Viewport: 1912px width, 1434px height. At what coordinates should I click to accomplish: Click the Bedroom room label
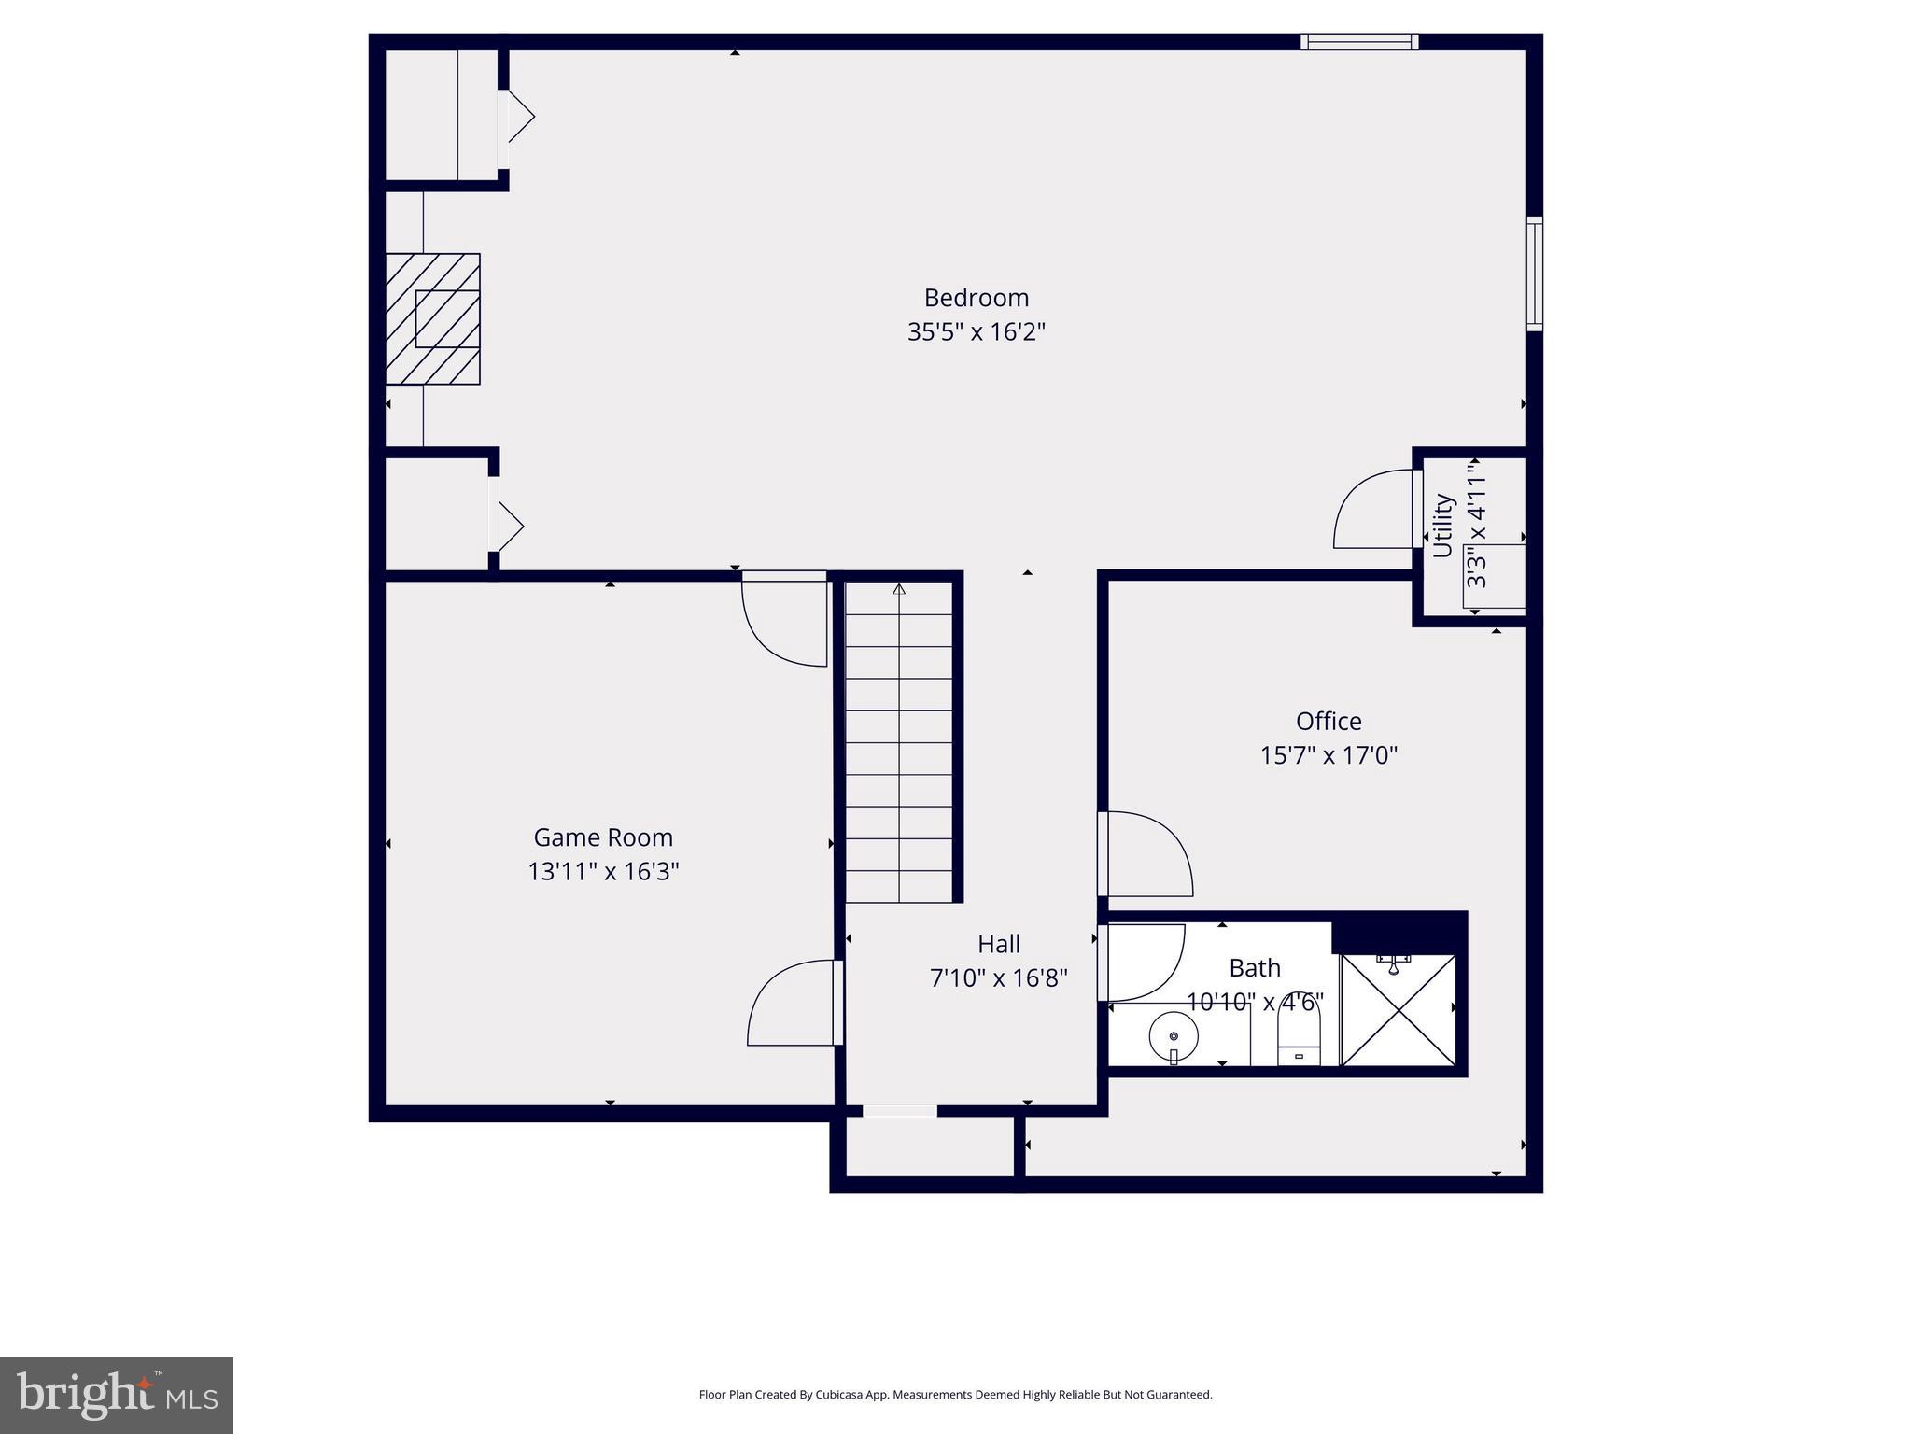click(x=976, y=298)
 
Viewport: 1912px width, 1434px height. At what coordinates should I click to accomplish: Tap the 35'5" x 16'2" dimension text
click(x=976, y=332)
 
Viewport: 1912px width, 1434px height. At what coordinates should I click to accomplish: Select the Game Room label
click(x=603, y=837)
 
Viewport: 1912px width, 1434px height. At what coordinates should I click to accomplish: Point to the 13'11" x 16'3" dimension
click(x=603, y=872)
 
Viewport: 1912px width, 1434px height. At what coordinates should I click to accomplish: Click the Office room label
click(x=1328, y=721)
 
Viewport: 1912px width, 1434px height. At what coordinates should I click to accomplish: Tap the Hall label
click(x=998, y=944)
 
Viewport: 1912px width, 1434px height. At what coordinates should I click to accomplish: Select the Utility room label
click(x=1443, y=526)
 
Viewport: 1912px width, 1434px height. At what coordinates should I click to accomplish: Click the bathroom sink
click(x=1174, y=1037)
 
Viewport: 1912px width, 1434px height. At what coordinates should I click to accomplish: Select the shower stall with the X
click(x=1398, y=1010)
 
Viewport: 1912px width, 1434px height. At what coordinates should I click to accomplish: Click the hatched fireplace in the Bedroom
click(x=433, y=318)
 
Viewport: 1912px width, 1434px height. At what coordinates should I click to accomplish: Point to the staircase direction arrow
click(x=899, y=590)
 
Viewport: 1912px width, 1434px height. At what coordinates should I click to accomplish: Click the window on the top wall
click(x=1359, y=41)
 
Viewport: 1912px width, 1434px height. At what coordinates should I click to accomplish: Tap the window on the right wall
click(x=1534, y=274)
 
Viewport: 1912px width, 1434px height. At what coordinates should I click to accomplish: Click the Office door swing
click(x=1146, y=853)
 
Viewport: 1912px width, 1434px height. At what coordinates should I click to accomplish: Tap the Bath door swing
click(x=1143, y=962)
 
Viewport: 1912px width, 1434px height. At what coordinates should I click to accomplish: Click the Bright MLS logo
click(x=117, y=1396)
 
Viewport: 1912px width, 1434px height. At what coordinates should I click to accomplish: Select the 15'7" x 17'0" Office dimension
click(x=1328, y=755)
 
